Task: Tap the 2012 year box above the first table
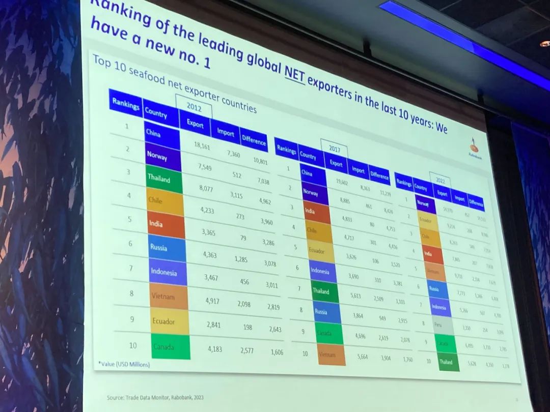(x=194, y=107)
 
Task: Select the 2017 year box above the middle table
(x=335, y=150)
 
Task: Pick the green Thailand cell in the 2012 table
(x=164, y=181)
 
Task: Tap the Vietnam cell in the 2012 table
(x=169, y=297)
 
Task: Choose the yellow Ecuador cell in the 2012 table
(x=170, y=321)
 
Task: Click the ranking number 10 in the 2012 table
(x=133, y=346)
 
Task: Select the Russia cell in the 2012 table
(x=167, y=248)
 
